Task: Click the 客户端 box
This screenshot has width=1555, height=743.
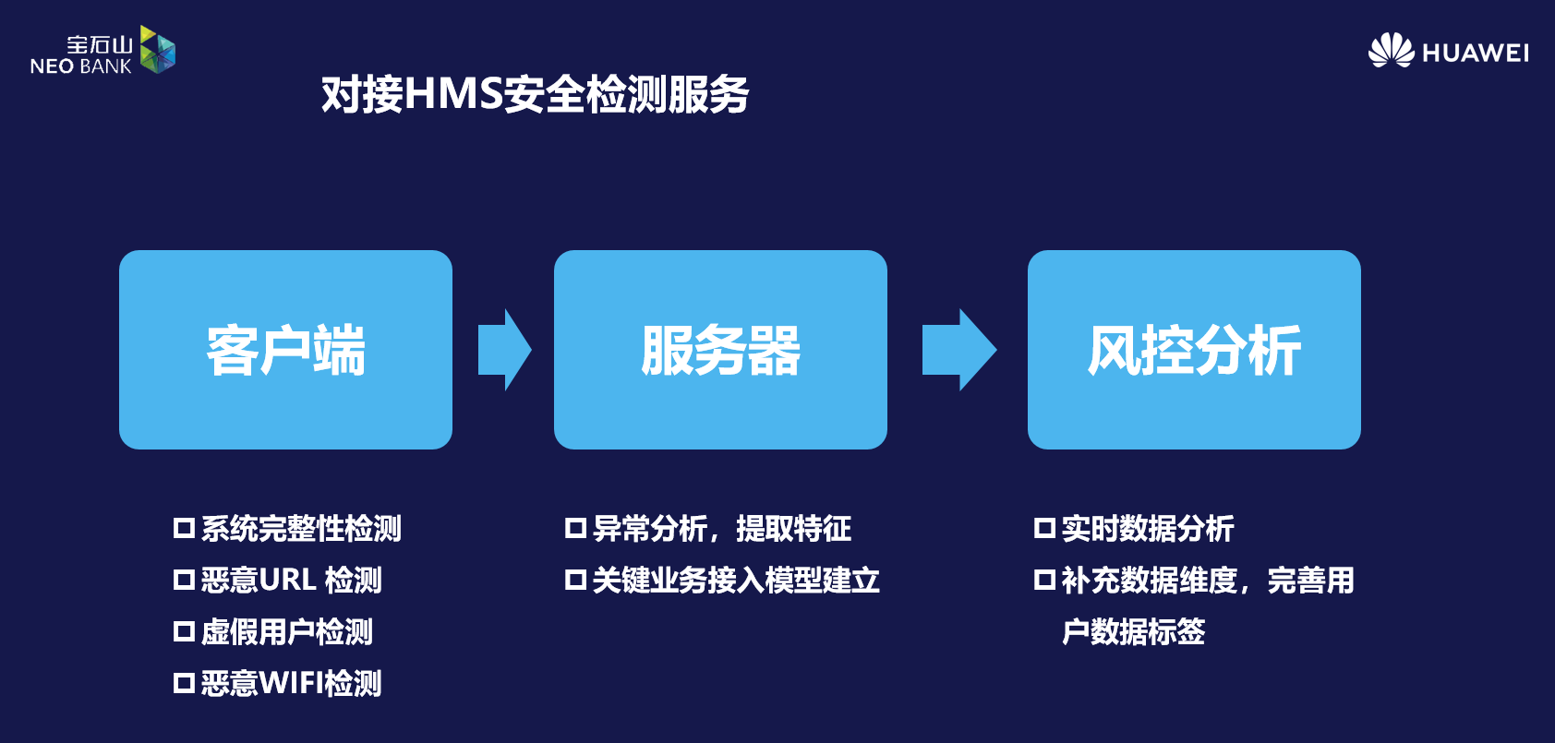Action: tap(285, 350)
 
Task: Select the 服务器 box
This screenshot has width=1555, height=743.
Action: tap(720, 350)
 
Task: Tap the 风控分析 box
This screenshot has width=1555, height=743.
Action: tap(1194, 350)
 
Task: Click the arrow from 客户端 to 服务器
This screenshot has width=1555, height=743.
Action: tap(505, 350)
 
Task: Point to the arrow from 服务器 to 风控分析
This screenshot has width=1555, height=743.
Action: tap(959, 350)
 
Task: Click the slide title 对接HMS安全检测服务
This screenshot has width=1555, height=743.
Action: tap(535, 94)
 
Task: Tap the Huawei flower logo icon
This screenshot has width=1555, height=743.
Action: tap(1391, 51)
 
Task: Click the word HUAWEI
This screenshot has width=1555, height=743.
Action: tap(1476, 54)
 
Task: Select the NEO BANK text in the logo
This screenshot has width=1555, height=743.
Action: tap(81, 66)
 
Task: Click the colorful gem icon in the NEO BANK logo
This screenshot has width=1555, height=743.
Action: tap(157, 49)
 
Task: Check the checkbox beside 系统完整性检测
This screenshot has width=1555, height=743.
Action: tap(184, 528)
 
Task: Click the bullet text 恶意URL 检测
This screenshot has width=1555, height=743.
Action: tap(291, 580)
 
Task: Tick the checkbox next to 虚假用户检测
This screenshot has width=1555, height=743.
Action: tap(184, 631)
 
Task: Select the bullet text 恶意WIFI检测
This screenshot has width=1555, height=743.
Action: tap(291, 683)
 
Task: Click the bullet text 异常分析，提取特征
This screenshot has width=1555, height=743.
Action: tap(721, 528)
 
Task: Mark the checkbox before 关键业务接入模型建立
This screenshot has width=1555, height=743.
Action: tap(575, 580)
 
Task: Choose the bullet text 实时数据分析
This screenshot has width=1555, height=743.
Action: tap(1147, 528)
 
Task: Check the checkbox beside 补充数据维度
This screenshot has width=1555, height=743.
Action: tap(1044, 580)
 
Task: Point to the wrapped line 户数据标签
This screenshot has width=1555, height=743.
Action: tap(1133, 631)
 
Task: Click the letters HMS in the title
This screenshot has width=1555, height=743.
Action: tap(454, 94)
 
